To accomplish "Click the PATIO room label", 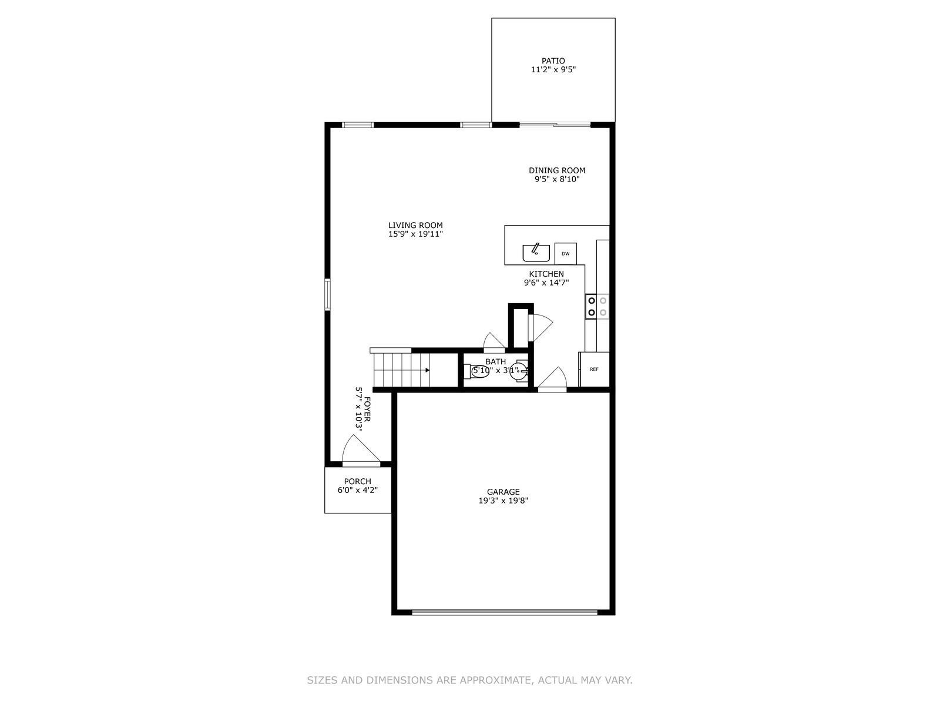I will (553, 61).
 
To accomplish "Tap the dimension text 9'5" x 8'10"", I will (556, 180).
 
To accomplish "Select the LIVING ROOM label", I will (415, 225).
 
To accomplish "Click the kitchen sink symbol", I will (536, 253).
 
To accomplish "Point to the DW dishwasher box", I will (565, 254).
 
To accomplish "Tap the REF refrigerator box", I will (594, 370).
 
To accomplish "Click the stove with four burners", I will (597, 307).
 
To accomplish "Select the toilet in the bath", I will (478, 371).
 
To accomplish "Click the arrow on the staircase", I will (427, 370).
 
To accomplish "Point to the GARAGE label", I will (503, 492).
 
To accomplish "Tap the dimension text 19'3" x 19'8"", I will (503, 501).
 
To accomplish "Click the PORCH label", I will (357, 481).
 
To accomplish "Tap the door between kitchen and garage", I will (553, 381).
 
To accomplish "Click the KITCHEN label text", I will (546, 274).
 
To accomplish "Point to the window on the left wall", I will (328, 294).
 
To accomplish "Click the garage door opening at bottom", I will (504, 612).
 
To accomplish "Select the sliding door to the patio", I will (555, 125).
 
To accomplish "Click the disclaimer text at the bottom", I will (469, 680).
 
